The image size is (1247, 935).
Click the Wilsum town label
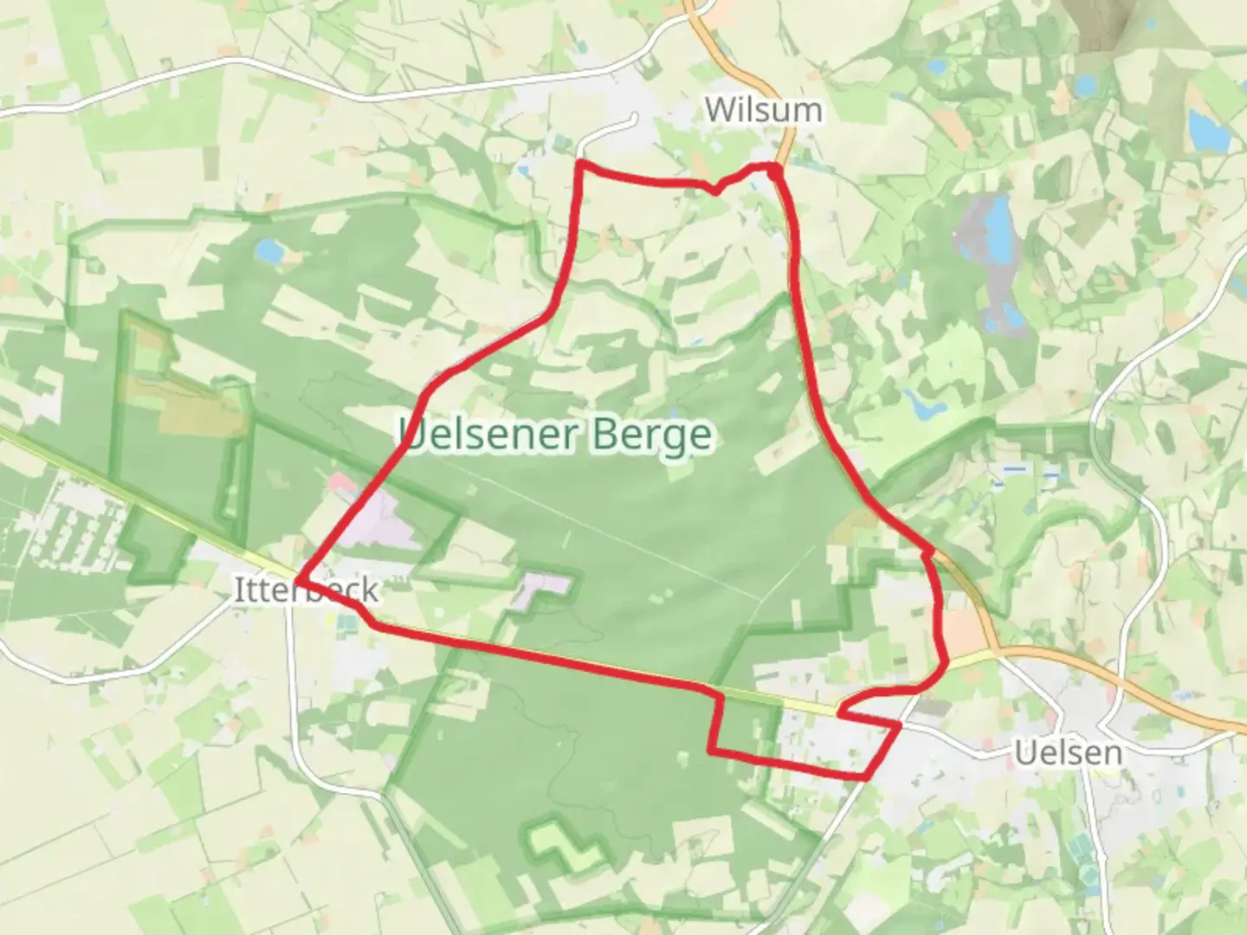[763, 110]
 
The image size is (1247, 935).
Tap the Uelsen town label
[1068, 752]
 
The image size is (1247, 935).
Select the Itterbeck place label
[307, 590]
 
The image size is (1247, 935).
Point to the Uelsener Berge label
[556, 435]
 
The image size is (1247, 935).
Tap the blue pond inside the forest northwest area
[269, 252]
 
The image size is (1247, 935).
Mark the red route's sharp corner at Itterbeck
[298, 579]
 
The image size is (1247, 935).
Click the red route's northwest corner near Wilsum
[579, 163]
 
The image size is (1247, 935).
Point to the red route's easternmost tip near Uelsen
[947, 662]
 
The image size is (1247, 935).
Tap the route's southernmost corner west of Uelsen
[866, 777]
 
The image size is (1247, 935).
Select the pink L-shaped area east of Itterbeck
[543, 588]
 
